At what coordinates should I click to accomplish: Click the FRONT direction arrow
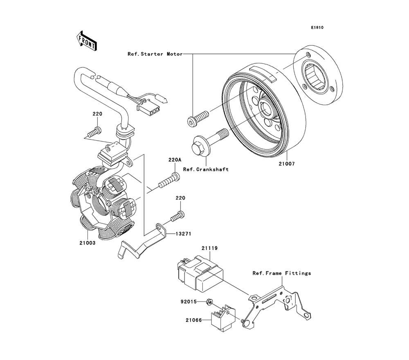[87, 40]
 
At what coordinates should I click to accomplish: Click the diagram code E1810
[317, 27]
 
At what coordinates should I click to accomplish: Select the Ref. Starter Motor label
[155, 54]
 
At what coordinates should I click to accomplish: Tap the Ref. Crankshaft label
[206, 169]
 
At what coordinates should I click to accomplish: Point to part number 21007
[287, 164]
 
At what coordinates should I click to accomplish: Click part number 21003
[88, 243]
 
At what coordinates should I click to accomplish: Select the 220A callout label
[175, 160]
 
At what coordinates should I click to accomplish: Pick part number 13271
[183, 234]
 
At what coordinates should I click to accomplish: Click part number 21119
[210, 248]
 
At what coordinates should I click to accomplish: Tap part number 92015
[189, 301]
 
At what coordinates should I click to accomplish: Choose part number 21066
[194, 320]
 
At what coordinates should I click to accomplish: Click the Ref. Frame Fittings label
[282, 273]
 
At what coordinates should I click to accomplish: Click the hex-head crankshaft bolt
[210, 142]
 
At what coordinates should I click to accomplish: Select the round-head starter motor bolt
[198, 118]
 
